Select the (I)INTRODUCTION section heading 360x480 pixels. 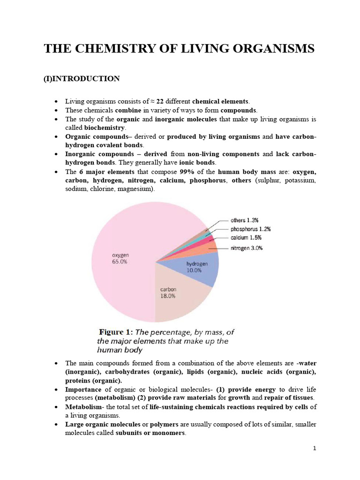click(82, 78)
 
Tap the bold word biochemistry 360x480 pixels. click(105, 127)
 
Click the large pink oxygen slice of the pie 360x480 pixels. click(127, 244)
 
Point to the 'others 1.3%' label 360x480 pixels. click(244, 220)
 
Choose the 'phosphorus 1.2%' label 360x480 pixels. click(250, 229)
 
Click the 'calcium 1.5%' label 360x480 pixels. click(246, 239)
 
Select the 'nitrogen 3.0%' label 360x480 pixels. click(246, 248)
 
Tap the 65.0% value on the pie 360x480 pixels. click(120, 262)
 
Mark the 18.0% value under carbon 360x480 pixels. click(168, 296)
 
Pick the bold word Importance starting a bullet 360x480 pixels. click(83, 390)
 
